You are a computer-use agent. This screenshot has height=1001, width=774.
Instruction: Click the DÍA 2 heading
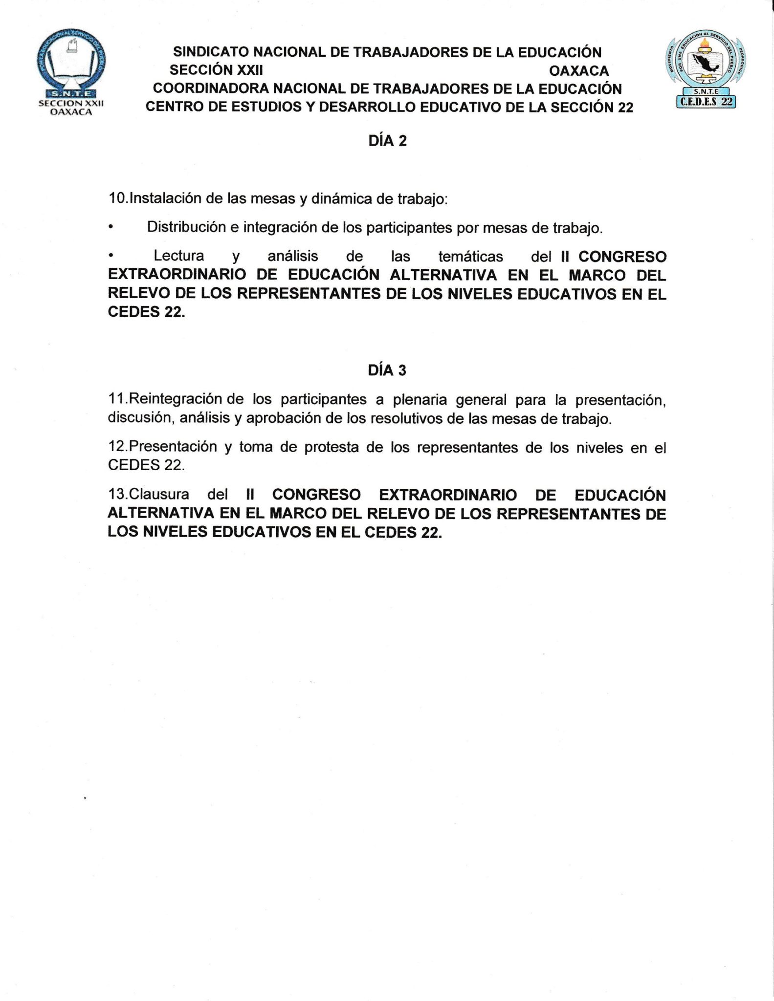coord(387,141)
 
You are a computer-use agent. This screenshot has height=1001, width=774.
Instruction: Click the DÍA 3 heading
coord(387,370)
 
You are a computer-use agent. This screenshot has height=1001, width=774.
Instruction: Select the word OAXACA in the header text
coord(579,71)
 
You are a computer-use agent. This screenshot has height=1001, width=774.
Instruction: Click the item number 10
coord(117,199)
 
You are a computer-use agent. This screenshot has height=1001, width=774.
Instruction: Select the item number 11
coord(117,399)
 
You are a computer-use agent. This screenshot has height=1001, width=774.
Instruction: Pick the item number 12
coord(117,447)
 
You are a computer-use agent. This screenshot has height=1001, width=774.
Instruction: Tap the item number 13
coord(117,494)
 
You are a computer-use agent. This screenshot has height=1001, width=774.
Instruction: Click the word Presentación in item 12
coord(173,447)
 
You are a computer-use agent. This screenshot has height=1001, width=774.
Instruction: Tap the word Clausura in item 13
coord(158,494)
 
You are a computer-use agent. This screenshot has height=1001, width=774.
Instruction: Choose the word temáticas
coord(470,256)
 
